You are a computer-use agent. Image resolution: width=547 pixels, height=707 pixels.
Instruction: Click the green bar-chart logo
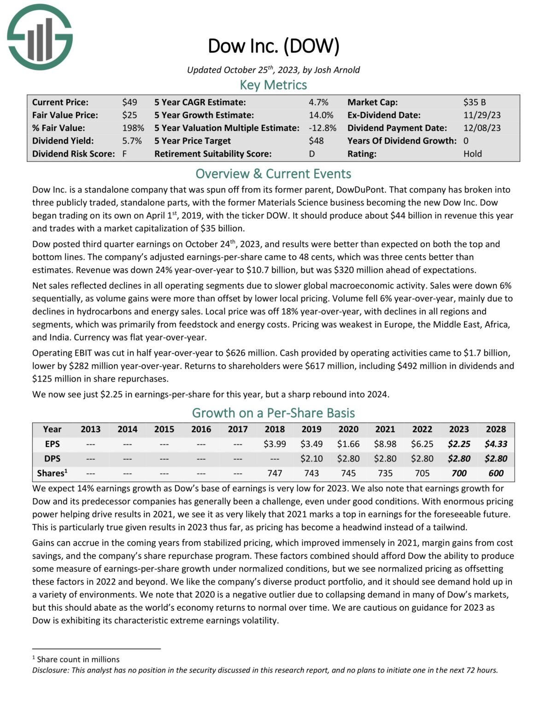pos(40,37)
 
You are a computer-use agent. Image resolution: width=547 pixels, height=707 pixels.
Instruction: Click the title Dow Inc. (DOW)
pos(273,46)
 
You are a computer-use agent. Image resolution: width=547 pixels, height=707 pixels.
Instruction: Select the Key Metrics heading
pos(273,85)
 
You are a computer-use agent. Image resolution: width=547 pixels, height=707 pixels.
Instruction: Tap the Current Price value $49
pos(129,102)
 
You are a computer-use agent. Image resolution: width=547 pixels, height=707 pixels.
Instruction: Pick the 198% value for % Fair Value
pos(133,128)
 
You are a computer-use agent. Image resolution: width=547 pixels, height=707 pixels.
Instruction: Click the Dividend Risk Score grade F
pos(124,154)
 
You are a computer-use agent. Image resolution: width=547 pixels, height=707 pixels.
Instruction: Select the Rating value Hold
pos(472,154)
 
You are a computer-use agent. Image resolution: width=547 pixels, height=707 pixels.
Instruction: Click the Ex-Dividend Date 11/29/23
pos(482,115)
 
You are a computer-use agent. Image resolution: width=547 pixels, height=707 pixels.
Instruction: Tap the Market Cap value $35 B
pos(474,102)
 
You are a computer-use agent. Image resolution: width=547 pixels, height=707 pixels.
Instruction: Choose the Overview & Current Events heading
pos(273,174)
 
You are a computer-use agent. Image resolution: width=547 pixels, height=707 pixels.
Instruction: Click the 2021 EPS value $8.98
pos(385,444)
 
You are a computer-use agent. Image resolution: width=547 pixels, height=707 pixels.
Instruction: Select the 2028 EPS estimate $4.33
pos(496,444)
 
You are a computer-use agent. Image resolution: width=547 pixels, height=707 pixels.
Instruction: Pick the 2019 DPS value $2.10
pos(312,459)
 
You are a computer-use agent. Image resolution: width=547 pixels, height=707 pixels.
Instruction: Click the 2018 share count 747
pos(275,473)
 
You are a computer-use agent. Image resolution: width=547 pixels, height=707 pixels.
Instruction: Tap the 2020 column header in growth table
pos(348,429)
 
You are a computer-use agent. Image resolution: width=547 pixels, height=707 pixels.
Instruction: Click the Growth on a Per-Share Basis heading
pos(273,413)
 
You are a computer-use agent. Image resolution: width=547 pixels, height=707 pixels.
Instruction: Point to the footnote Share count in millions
pos(78,660)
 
